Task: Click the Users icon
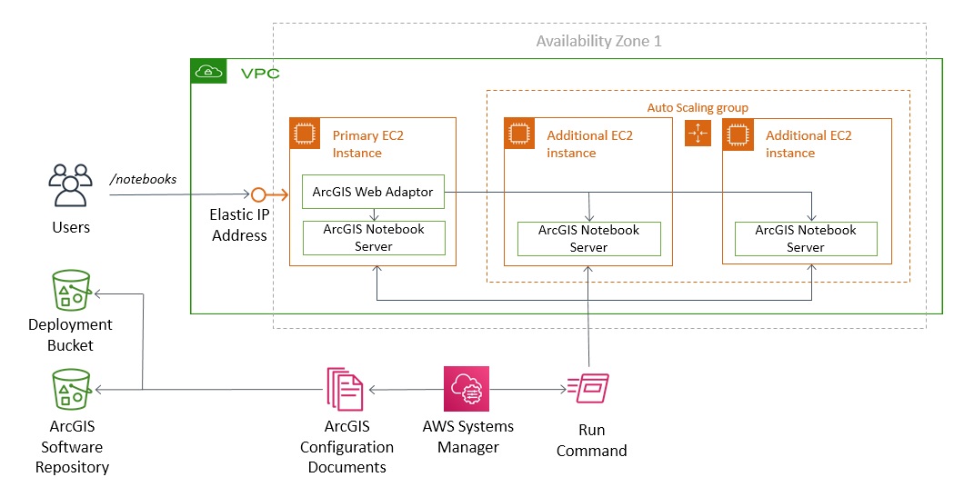(x=70, y=186)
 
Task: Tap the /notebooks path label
(x=143, y=179)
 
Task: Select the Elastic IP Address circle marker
(x=258, y=194)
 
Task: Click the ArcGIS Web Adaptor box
(x=373, y=192)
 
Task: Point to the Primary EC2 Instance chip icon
(x=304, y=134)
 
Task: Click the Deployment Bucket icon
(x=71, y=292)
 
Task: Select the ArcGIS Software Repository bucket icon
(x=71, y=391)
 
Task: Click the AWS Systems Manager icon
(x=467, y=389)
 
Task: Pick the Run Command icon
(x=588, y=389)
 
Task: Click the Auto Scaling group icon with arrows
(x=698, y=134)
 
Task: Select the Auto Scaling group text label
(x=698, y=107)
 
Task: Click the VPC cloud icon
(x=209, y=72)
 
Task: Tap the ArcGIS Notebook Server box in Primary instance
(x=373, y=238)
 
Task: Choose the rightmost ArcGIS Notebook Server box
(x=806, y=238)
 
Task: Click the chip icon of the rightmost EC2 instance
(x=738, y=134)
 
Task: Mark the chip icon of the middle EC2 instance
(x=519, y=134)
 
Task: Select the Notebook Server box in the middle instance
(x=588, y=238)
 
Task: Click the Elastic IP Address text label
(x=239, y=226)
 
